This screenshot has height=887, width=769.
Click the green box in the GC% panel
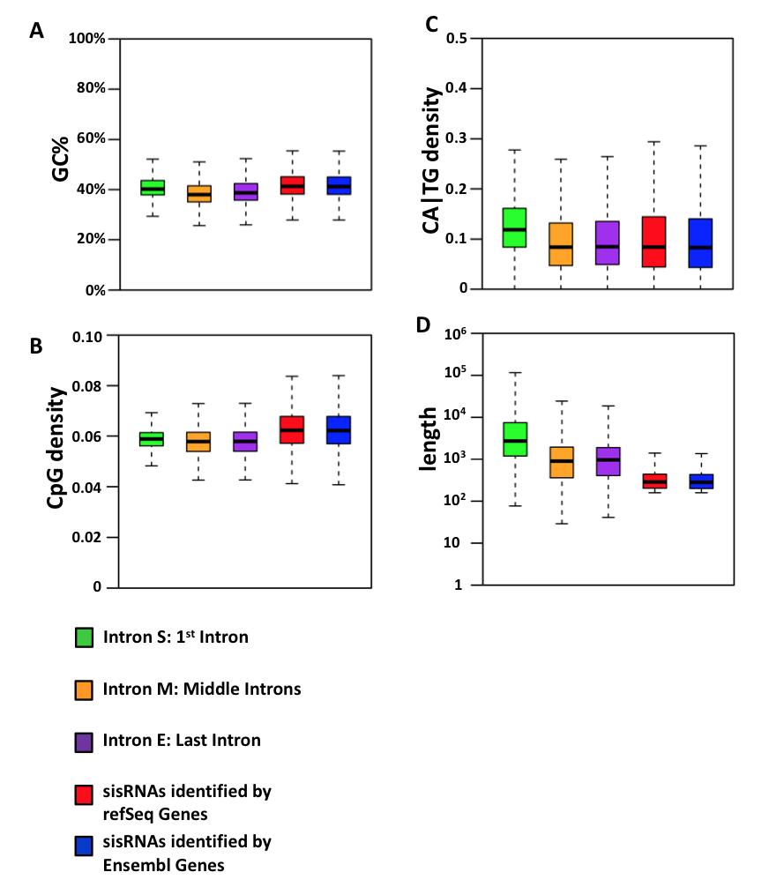tap(153, 188)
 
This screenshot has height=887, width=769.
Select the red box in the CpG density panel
tap(293, 429)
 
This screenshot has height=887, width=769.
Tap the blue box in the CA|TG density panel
tap(700, 242)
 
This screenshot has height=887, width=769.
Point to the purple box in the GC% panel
tap(246, 191)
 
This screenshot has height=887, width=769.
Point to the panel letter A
tap(36, 32)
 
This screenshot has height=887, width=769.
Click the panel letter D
tap(423, 325)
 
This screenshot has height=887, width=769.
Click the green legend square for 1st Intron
tap(85, 637)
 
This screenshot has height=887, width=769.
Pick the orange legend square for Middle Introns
tap(85, 689)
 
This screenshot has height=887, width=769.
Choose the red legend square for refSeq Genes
tap(85, 793)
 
